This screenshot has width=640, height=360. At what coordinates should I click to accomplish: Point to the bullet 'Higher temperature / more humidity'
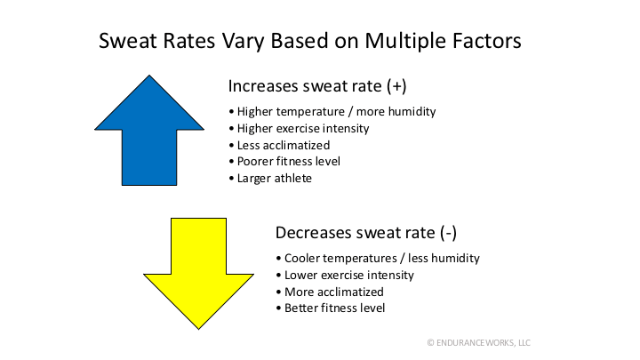pos(332,112)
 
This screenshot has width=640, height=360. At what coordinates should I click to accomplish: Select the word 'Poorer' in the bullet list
pos(254,161)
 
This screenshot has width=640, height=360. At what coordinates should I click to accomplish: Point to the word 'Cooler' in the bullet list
pos(303,259)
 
